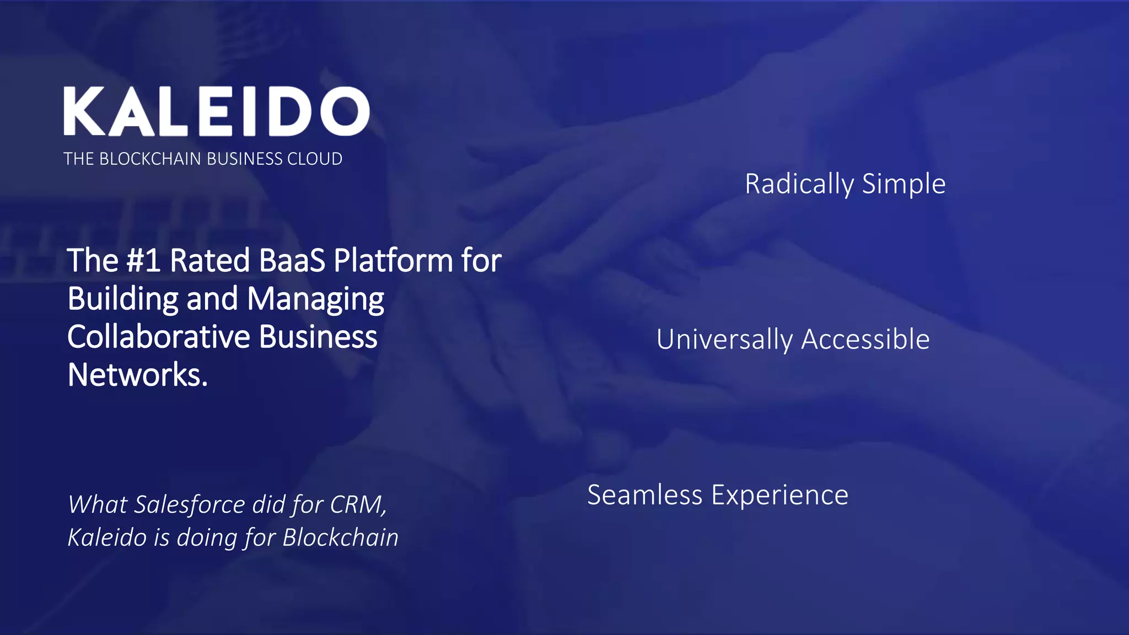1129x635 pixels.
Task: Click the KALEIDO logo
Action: click(x=216, y=111)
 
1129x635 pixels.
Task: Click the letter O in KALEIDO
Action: click(x=346, y=111)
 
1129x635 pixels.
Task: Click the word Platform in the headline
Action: click(x=393, y=260)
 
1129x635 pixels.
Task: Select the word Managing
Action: click(x=315, y=299)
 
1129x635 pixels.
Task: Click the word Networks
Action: click(x=137, y=375)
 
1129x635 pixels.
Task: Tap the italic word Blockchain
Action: click(x=340, y=537)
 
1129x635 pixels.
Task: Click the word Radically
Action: click(x=799, y=184)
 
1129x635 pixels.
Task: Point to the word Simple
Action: click(x=904, y=184)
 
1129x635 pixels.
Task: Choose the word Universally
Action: click(x=724, y=340)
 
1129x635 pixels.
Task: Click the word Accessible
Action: click(x=865, y=340)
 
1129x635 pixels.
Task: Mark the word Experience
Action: click(x=779, y=495)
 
